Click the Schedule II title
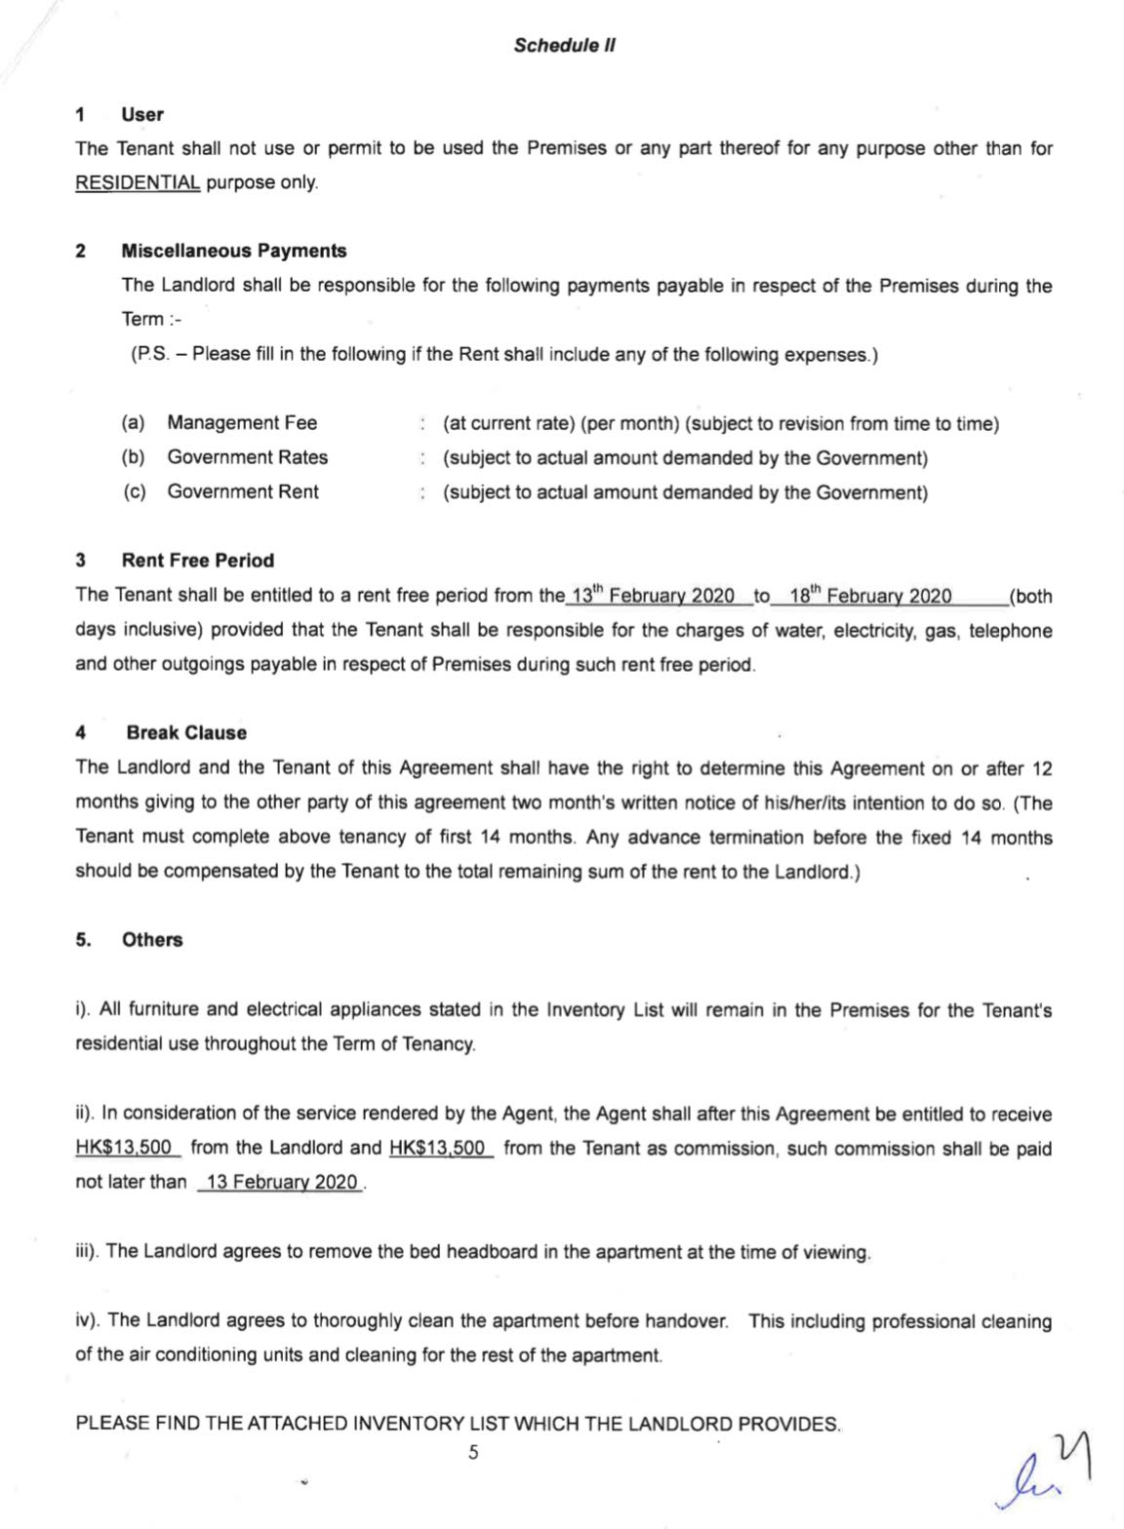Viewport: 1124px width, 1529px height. pyautogui.click(x=564, y=45)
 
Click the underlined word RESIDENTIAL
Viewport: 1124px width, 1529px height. pyautogui.click(x=138, y=183)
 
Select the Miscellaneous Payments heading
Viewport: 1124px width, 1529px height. pyautogui.click(x=234, y=251)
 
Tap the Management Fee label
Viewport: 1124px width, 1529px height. pyautogui.click(x=242, y=422)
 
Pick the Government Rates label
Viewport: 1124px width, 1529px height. pyautogui.click(x=247, y=456)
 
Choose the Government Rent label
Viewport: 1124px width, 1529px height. pyautogui.click(x=243, y=491)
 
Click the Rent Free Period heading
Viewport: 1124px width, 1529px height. pyautogui.click(x=198, y=560)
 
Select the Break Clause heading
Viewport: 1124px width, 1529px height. pyautogui.click(x=186, y=732)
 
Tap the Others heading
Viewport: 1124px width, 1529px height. pyautogui.click(x=152, y=940)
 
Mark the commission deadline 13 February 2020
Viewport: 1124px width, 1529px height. pyautogui.click(x=282, y=1183)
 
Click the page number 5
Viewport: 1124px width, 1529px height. pyautogui.click(x=473, y=1453)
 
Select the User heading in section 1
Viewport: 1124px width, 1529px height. pyautogui.click(x=142, y=114)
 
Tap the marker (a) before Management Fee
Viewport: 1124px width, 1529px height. pyautogui.click(x=133, y=422)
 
